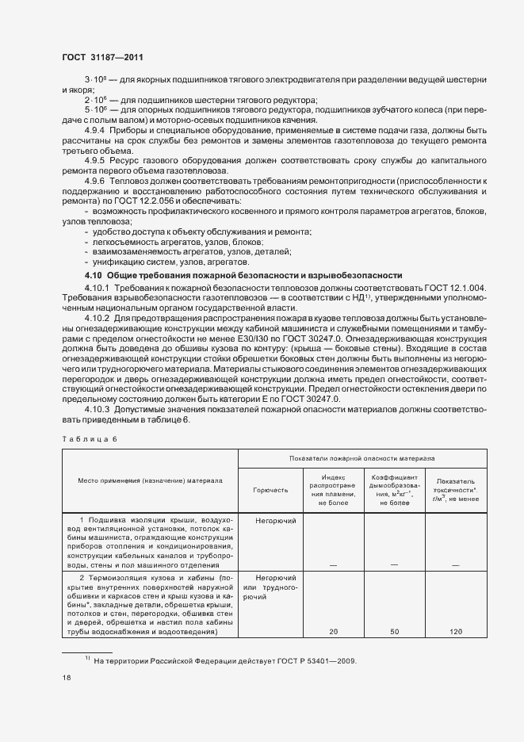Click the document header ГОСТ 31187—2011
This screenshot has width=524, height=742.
(x=102, y=57)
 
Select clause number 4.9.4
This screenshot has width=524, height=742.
(x=95, y=128)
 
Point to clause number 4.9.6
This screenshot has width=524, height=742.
(x=95, y=181)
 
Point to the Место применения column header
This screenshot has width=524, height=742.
(x=150, y=480)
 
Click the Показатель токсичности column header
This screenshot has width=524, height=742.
(x=454, y=488)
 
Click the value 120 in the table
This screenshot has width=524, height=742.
(x=454, y=632)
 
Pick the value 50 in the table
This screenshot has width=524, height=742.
(x=393, y=632)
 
